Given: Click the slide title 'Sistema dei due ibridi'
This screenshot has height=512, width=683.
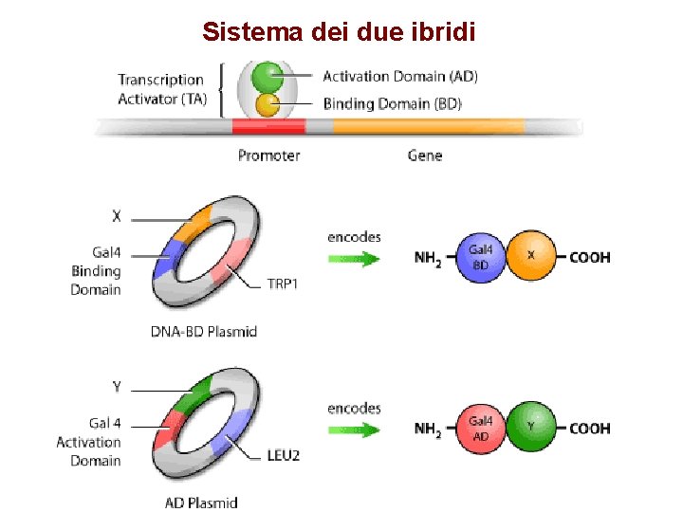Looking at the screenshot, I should pyautogui.click(x=340, y=31).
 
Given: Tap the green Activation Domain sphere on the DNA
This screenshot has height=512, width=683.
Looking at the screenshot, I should pyautogui.click(x=268, y=76).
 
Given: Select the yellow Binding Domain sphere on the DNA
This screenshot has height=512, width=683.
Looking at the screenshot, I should pyautogui.click(x=268, y=104).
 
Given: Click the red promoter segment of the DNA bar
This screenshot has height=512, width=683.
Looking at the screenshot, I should pyautogui.click(x=268, y=126).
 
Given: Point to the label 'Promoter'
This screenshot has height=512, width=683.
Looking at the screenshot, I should pyautogui.click(x=268, y=155).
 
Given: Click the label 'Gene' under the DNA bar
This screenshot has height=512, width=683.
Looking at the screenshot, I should pyautogui.click(x=424, y=155).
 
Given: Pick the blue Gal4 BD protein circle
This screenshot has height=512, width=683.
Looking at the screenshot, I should pyautogui.click(x=481, y=257).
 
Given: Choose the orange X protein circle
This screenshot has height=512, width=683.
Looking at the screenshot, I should pyautogui.click(x=531, y=257).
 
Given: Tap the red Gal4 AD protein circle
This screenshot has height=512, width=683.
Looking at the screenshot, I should pyautogui.click(x=481, y=428).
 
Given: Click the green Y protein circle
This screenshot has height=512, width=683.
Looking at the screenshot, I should pyautogui.click(x=531, y=428).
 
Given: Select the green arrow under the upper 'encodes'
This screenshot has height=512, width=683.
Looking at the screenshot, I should pyautogui.click(x=353, y=257).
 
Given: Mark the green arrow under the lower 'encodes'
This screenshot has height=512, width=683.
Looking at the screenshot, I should pyautogui.click(x=353, y=429).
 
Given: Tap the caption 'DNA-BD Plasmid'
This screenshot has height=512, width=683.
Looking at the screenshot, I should pyautogui.click(x=204, y=331).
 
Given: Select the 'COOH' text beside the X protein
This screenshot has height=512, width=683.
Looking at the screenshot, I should pyautogui.click(x=589, y=257).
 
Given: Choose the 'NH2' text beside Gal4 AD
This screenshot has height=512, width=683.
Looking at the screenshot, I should pyautogui.click(x=429, y=430).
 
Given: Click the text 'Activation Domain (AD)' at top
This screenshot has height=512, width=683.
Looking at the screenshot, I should pyautogui.click(x=400, y=76).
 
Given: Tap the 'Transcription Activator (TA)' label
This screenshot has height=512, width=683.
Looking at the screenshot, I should pyautogui.click(x=160, y=89).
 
